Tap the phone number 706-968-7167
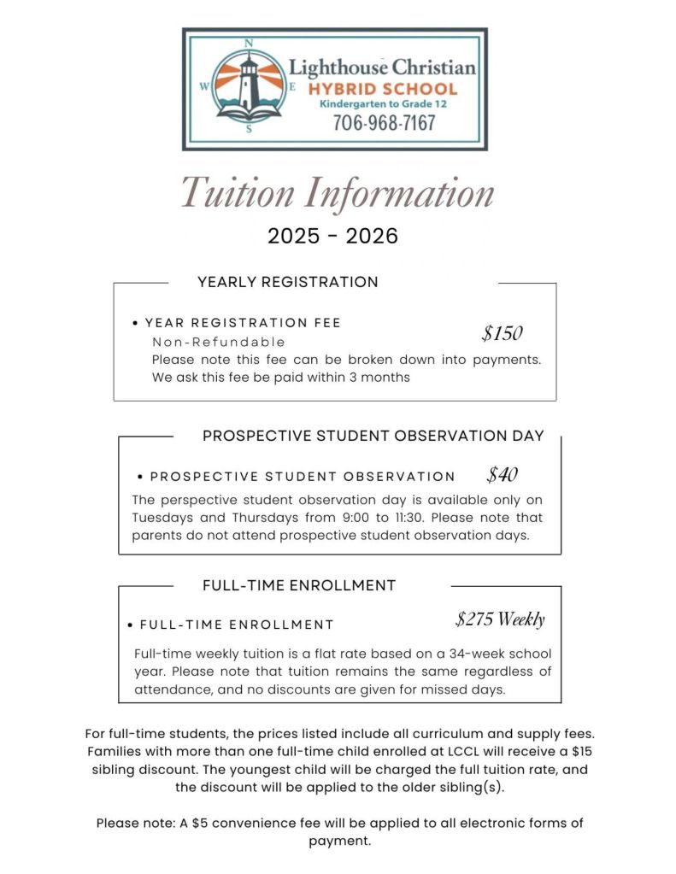click(384, 123)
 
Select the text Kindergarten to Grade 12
click(383, 103)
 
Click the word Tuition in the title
click(238, 192)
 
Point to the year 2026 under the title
click(372, 236)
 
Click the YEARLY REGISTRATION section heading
click(287, 282)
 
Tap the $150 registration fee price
click(502, 333)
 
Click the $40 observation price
click(503, 474)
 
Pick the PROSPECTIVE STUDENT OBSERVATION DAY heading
click(373, 436)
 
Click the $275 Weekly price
click(500, 619)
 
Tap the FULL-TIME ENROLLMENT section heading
click(299, 585)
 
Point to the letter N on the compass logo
click(249, 43)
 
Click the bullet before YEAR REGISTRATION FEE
click(136, 324)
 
